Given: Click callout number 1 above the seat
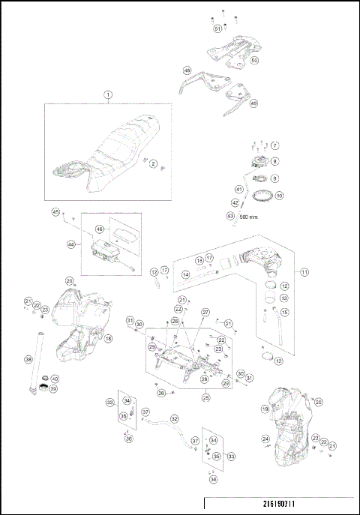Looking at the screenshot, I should (x=108, y=94).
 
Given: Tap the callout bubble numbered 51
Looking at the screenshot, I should (x=217, y=28).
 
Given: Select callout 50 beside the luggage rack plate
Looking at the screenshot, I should (x=254, y=60).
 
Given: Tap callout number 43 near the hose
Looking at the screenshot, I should (x=230, y=216).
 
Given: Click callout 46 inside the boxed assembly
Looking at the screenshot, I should (x=99, y=229).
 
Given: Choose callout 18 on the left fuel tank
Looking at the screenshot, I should (x=108, y=339).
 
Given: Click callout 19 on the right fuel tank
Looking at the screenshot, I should (x=265, y=409).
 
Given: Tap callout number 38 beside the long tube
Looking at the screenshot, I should (x=28, y=360).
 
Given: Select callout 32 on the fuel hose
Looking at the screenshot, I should (x=175, y=419).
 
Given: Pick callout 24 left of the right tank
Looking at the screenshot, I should (x=265, y=439).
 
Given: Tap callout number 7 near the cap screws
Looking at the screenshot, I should (x=274, y=145).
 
